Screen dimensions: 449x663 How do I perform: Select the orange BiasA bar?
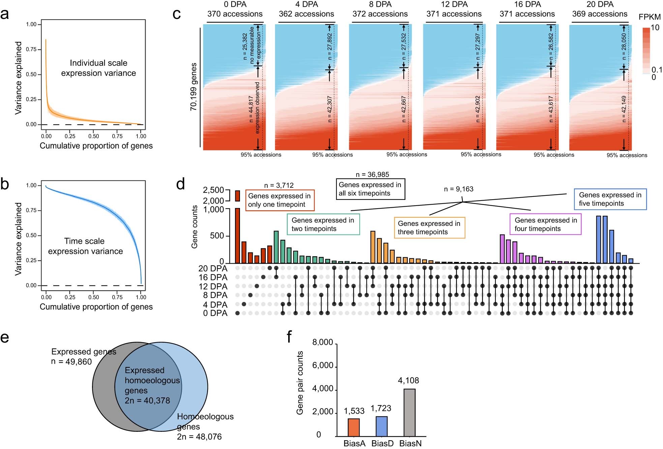pyautogui.click(x=354, y=427)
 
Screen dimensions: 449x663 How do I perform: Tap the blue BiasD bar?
pyautogui.click(x=382, y=426)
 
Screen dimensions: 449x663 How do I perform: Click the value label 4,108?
pyautogui.click(x=409, y=381)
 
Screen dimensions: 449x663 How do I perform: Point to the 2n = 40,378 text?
pyautogui.click(x=147, y=400)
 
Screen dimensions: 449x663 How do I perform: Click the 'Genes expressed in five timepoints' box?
pyautogui.click(x=610, y=199)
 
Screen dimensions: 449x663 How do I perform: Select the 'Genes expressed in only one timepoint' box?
pyautogui.click(x=279, y=200)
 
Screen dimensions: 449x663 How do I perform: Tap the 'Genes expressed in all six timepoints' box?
pyautogui.click(x=370, y=189)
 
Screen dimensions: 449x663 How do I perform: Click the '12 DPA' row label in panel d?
pyautogui.click(x=213, y=287)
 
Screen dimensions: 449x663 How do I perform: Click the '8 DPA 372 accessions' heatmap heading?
pyautogui.click(x=380, y=9)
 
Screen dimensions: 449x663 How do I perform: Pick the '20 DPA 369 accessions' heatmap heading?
pyautogui.click(x=600, y=9)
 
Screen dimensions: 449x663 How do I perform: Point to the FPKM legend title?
pyautogui.click(x=650, y=17)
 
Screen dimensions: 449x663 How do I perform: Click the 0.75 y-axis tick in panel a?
pyautogui.click(x=31, y=49)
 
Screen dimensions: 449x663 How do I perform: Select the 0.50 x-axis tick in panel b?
pyautogui.click(x=94, y=297)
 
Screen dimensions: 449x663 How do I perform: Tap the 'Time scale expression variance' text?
pyautogui.click(x=85, y=246)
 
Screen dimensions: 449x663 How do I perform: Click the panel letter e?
pyautogui.click(x=5, y=337)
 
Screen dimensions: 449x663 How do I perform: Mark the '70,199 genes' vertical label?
pyautogui.click(x=193, y=87)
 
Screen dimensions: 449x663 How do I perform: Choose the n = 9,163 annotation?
pyautogui.click(x=458, y=189)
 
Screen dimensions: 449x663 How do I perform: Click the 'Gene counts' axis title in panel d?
pyautogui.click(x=194, y=227)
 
